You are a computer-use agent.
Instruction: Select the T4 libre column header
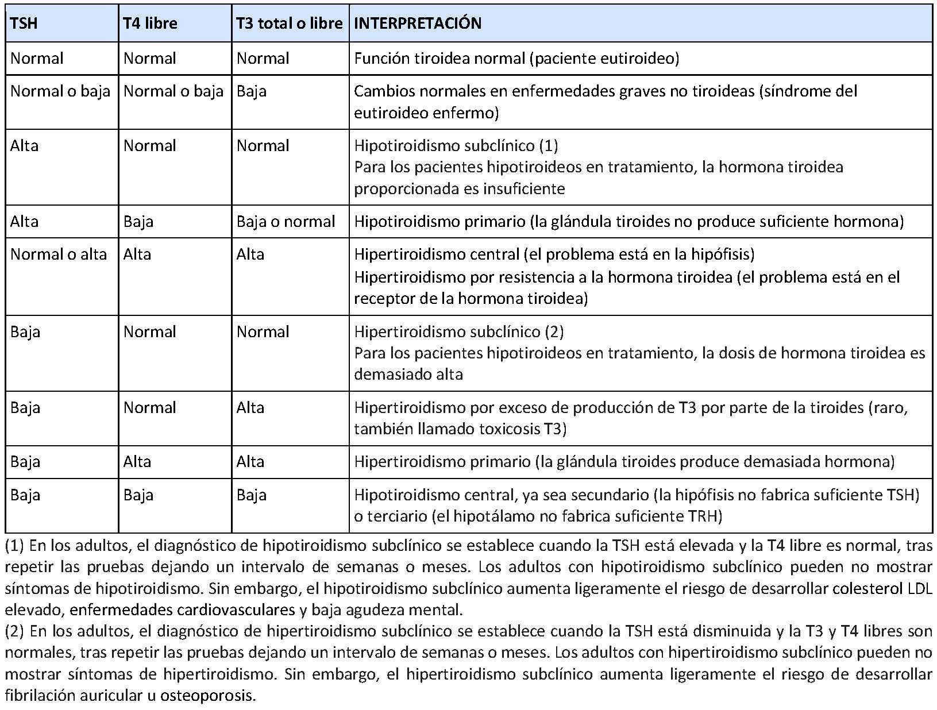[150, 24]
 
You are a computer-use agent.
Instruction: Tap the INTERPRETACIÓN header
[418, 24]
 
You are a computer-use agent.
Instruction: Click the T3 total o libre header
[290, 24]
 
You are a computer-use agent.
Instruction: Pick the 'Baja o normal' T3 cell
[286, 222]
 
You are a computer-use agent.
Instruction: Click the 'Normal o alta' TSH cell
[59, 254]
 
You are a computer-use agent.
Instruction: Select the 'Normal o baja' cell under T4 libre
[173, 91]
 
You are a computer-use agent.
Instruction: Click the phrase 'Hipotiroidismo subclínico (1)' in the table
[456, 146]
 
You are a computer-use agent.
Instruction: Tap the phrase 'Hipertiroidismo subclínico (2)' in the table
[458, 332]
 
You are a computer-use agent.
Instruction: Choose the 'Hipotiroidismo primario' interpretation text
[439, 222]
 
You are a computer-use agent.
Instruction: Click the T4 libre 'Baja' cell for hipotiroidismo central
[138, 495]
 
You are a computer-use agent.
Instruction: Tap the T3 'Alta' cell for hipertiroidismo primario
[250, 462]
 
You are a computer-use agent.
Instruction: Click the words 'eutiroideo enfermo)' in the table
[426, 113]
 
